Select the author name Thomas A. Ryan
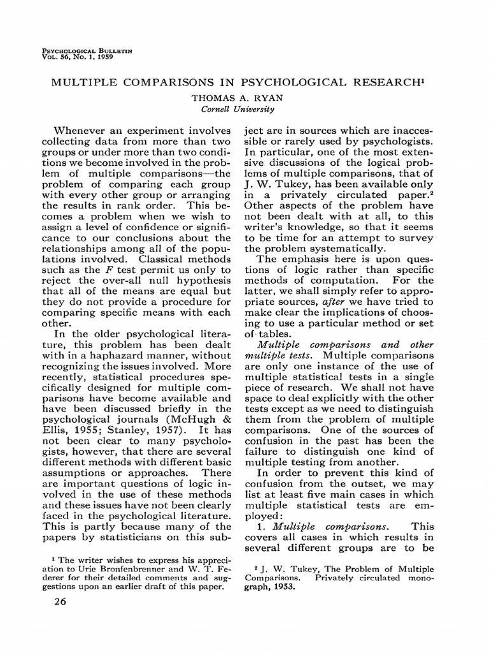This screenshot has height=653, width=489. click(x=234, y=99)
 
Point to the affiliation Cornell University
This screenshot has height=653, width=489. click(x=233, y=109)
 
